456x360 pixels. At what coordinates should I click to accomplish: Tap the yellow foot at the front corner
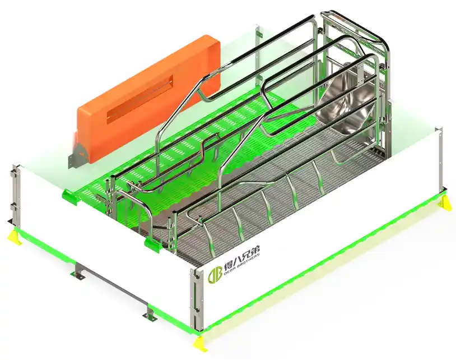click(199, 343)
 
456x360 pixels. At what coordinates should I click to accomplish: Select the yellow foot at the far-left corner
click(13, 237)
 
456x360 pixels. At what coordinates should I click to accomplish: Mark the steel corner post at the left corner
click(16, 196)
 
